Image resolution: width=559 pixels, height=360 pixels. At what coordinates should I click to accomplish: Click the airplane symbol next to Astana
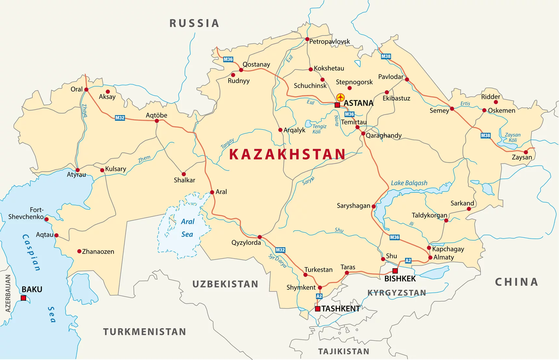point(340,97)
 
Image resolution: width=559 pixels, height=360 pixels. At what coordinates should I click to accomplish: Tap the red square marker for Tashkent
point(318,309)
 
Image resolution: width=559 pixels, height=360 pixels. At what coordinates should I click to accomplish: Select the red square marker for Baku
point(23,298)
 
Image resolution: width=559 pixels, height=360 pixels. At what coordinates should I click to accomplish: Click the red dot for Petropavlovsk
point(307,39)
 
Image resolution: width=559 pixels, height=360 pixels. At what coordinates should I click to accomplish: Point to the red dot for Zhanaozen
point(79,251)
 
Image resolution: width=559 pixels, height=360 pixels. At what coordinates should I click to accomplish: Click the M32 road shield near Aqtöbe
point(120,118)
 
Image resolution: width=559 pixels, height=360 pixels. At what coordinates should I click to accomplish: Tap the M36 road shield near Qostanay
point(228,59)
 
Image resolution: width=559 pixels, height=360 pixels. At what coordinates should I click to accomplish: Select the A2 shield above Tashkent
point(319,296)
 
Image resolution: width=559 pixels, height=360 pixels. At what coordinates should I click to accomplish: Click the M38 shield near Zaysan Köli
point(485,135)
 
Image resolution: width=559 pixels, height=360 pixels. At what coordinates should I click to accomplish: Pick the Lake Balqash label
point(409,183)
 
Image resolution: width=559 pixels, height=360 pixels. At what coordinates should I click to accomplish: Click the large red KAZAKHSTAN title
point(287,154)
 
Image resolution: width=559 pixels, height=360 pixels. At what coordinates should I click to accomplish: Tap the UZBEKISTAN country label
point(225,284)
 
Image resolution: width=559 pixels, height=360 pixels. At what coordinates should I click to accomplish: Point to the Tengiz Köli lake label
point(319,129)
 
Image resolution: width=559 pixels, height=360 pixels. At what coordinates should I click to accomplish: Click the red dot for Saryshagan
point(374,206)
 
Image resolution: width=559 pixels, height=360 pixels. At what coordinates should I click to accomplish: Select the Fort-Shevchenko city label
point(26,213)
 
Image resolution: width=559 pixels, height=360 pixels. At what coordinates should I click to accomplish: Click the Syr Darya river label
point(278,261)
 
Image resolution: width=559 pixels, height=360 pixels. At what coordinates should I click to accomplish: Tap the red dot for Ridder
point(496,102)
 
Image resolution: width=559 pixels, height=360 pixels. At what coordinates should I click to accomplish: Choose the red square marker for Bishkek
point(395,271)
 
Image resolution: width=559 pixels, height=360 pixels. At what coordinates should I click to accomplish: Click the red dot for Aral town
point(212,192)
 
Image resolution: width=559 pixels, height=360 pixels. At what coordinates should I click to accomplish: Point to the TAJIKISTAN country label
point(344,352)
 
